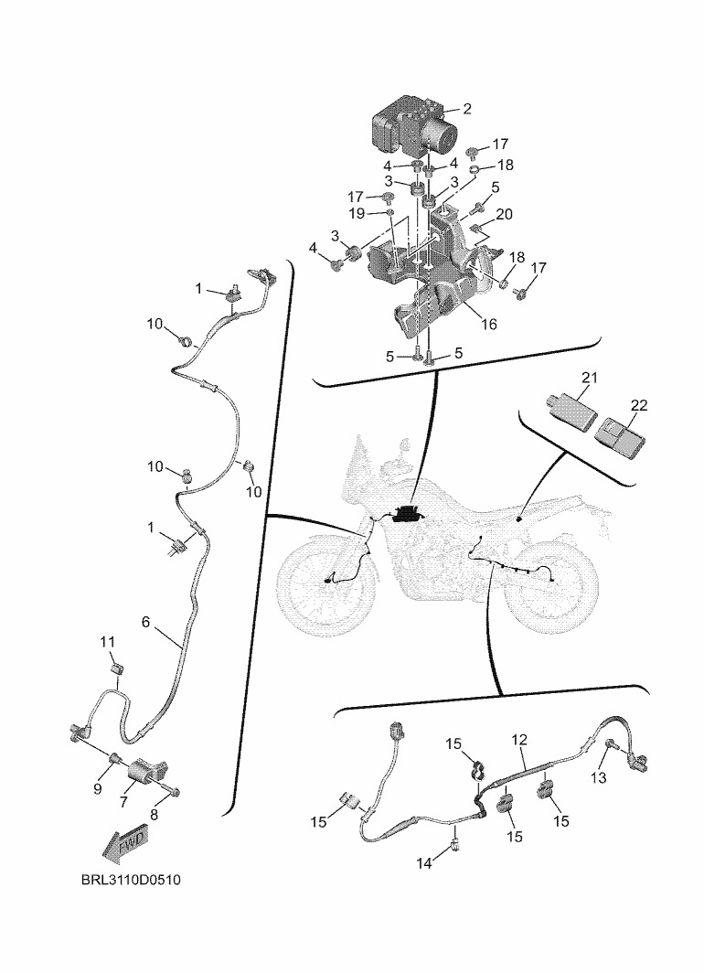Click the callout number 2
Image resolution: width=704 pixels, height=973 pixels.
pos(467,109)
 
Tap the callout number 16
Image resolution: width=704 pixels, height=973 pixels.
pos(489,324)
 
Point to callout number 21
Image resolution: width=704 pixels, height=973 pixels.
pos(589,378)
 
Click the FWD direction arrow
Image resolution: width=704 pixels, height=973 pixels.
pos(124,846)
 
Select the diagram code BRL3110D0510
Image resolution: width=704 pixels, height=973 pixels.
pos(131,880)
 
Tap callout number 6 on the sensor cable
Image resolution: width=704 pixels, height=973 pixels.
pos(145,622)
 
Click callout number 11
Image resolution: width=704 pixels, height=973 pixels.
pos(108,642)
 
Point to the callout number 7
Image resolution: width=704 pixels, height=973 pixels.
pos(123,802)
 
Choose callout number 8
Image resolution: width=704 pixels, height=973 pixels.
pos(154,815)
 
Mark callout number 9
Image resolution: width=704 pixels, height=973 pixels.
pos(98,789)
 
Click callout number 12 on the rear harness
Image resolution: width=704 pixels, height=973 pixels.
pos(519,740)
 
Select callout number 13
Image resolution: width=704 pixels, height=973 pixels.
pos(599,777)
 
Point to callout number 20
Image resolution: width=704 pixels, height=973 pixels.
pos(505,214)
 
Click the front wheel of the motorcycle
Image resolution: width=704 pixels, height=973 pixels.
pos(327,580)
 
